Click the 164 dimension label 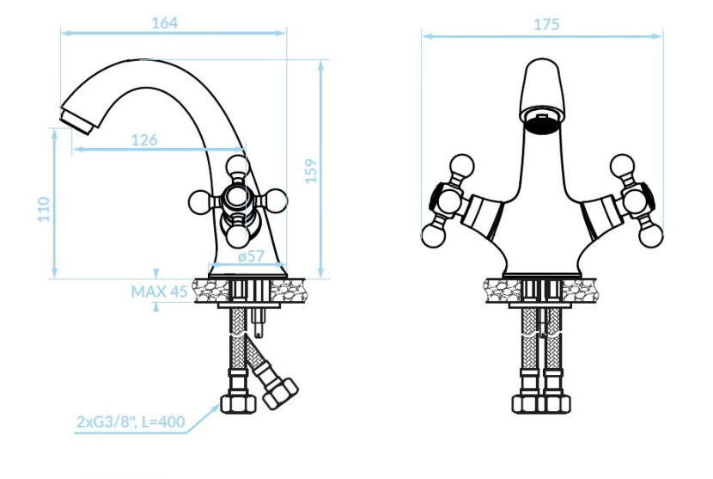[x=164, y=22]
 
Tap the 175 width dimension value [x=546, y=24]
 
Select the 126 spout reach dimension [x=144, y=140]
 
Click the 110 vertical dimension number [x=43, y=209]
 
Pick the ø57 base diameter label [x=251, y=256]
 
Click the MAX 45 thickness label [x=159, y=292]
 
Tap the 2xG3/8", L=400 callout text [x=131, y=421]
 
